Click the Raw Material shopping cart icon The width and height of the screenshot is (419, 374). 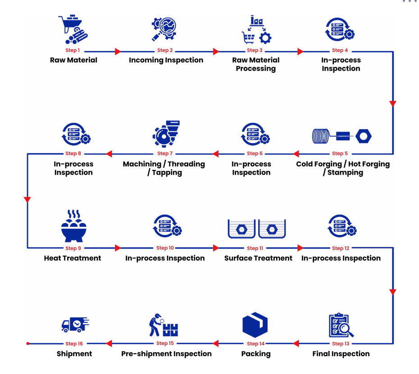pos(73,29)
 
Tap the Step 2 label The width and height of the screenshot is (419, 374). pos(165,51)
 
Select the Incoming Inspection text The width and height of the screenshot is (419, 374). pos(166,60)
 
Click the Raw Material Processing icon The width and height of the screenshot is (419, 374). pos(254,29)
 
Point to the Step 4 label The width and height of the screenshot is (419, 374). pos(340,51)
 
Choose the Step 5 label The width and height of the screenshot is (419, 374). pos(340,154)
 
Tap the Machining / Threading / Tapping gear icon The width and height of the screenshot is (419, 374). pos(165,132)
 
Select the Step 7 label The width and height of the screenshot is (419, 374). pos(165,154)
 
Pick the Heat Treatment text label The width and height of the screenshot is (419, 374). pos(73,258)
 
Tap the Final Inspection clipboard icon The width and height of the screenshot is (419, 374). pos(341,325)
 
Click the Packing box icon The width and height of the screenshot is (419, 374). pos(255,325)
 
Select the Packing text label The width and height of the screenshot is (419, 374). pos(255,354)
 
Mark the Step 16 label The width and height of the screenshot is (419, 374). pos(75,344)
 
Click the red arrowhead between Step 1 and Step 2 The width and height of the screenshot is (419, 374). pos(118,52)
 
